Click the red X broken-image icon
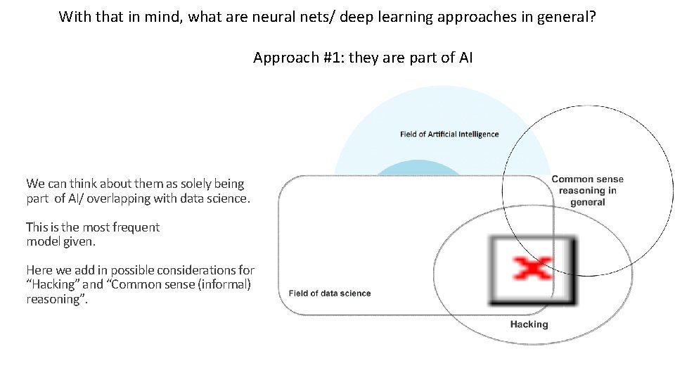click(532, 270)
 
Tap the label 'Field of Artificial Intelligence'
click(449, 134)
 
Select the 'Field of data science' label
click(330, 293)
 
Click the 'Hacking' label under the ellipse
click(529, 324)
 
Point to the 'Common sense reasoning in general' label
click(588, 191)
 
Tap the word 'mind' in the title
click(163, 16)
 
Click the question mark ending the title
click(592, 16)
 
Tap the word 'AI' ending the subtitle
click(465, 58)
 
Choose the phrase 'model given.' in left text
click(60, 241)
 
